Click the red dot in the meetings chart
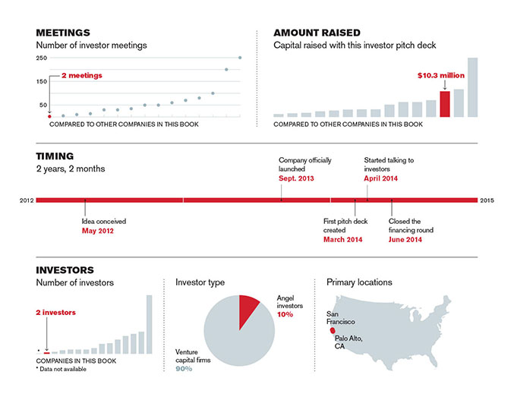point(49,116)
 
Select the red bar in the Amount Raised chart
point(445,104)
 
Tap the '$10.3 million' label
point(441,75)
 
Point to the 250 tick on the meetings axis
point(42,58)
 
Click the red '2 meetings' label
point(82,75)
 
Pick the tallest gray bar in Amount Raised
point(472,87)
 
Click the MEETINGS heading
point(63,33)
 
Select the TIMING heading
point(55,156)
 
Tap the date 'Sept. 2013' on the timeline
point(296,178)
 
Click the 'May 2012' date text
point(98,231)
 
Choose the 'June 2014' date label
point(405,240)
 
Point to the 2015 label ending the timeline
point(487,200)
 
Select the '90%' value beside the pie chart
point(184,369)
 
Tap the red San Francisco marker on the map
point(333,330)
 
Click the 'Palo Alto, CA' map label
point(348,342)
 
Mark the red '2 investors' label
point(55,313)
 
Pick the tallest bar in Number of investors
point(149,324)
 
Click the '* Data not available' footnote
point(61,369)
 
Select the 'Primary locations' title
point(359,282)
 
